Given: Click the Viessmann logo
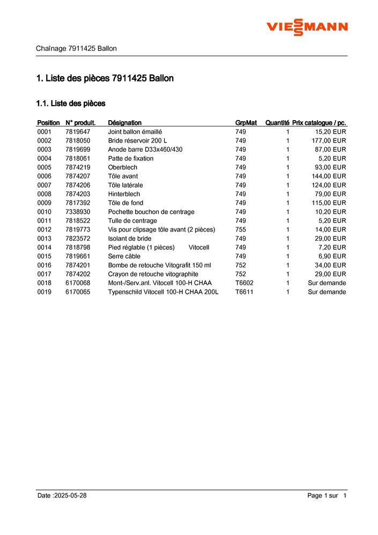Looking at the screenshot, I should [x=307, y=26].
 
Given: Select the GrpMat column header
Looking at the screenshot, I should [x=246, y=123].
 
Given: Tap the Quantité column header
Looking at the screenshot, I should [x=277, y=123].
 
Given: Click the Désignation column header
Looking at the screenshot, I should [x=125, y=123].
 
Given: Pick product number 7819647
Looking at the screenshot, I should [x=78, y=131].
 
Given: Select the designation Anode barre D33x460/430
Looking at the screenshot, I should [x=145, y=150].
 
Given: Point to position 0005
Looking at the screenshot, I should [x=45, y=167].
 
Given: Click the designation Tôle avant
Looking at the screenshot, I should [x=123, y=176].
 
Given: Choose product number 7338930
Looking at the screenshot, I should [x=78, y=212].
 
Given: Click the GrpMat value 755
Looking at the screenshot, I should [x=241, y=229].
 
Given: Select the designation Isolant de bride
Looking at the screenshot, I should [x=130, y=239].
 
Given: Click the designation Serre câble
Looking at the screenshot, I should [x=124, y=256].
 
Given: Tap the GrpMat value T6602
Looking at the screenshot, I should [x=244, y=283].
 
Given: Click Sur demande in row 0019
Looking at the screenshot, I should [x=327, y=292].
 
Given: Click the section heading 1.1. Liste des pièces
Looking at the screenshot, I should [x=70, y=103].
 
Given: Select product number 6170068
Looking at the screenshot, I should [x=78, y=283].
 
